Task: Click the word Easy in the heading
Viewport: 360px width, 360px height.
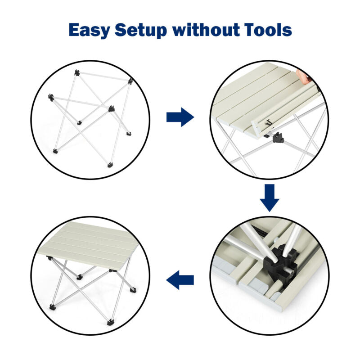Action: click(x=89, y=31)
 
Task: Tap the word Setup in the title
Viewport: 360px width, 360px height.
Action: click(x=141, y=31)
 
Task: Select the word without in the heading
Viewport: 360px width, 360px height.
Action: click(x=206, y=30)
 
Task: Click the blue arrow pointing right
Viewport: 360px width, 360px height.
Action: click(x=180, y=117)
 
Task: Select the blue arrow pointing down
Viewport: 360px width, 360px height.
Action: click(x=270, y=198)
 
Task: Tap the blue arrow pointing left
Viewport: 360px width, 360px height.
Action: click(x=180, y=280)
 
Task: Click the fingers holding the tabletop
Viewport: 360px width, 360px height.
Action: click(x=303, y=76)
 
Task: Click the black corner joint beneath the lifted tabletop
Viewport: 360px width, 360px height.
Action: click(x=278, y=138)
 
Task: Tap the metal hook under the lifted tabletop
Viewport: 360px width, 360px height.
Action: click(x=268, y=123)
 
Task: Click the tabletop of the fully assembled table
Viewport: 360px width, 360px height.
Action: click(x=89, y=243)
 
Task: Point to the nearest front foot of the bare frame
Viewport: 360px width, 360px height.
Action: click(x=110, y=165)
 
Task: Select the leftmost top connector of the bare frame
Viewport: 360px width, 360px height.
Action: click(x=51, y=97)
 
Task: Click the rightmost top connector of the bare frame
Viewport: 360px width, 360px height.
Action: click(x=130, y=81)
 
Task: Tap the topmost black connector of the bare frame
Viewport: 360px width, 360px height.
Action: click(x=77, y=73)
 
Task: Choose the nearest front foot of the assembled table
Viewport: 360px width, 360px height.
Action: click(x=110, y=322)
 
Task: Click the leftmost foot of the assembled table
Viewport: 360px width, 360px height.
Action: click(x=52, y=307)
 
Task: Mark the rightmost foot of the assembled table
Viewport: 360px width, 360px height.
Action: click(x=133, y=290)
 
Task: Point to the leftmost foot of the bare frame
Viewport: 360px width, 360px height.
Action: click(x=55, y=151)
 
